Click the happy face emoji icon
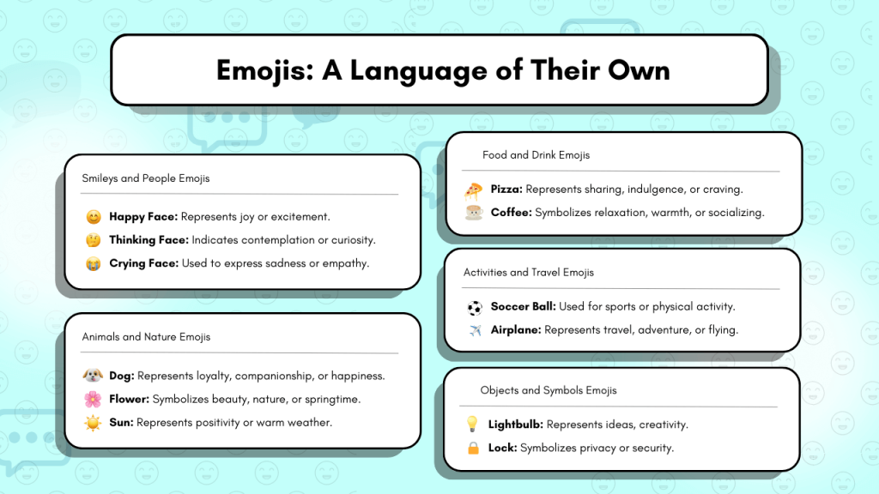point(94,217)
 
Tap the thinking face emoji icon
point(93,240)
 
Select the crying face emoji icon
point(93,263)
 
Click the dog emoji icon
point(93,376)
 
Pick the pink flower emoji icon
point(93,399)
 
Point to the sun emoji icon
point(93,423)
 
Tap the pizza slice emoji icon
point(473,191)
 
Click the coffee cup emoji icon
point(474,213)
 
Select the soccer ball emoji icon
point(475,308)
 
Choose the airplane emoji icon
point(475,330)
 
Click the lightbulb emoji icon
point(472,424)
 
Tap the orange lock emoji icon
point(473,448)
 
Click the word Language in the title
point(419,71)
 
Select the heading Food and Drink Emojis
point(536,155)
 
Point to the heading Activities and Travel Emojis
point(528,272)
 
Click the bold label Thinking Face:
point(149,240)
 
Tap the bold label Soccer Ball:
point(523,306)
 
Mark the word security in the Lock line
point(653,448)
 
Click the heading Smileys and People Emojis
point(146,178)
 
